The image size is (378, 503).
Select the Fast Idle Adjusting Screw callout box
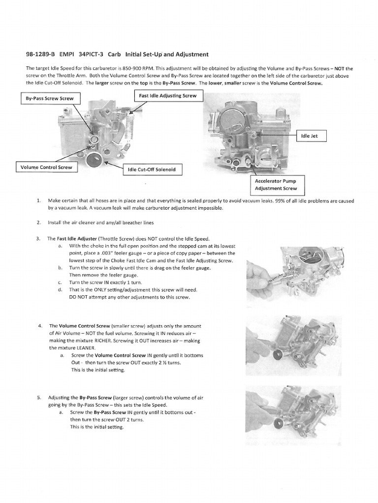pos(168,96)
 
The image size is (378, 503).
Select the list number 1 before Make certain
pos(38,200)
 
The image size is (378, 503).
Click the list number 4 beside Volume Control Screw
pos(39,326)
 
